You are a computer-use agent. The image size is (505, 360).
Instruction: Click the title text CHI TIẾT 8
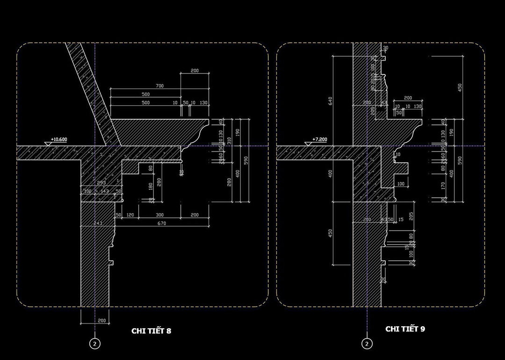[x=151, y=331]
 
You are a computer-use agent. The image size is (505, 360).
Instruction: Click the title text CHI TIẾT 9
[x=405, y=329]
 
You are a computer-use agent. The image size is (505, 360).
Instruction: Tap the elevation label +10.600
[x=59, y=139]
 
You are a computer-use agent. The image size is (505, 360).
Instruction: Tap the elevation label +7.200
[x=319, y=139]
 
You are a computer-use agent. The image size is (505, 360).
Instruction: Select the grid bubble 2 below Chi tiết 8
[x=95, y=344]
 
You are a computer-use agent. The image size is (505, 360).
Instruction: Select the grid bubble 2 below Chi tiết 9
[x=367, y=344]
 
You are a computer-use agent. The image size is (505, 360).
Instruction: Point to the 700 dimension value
[x=159, y=86]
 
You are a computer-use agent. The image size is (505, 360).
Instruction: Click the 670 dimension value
[x=162, y=223]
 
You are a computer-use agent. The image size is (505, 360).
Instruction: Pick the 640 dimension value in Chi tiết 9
[x=330, y=101]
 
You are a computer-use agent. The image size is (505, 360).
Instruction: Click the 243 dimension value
[x=98, y=223]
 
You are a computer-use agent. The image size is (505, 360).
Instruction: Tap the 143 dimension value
[x=104, y=191]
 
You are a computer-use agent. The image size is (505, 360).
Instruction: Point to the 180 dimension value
[x=151, y=187]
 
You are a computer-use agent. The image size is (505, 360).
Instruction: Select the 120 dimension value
[x=130, y=215]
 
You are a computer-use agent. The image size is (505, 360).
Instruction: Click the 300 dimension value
[x=160, y=215]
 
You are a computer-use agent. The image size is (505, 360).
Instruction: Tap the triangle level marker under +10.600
[x=49, y=144]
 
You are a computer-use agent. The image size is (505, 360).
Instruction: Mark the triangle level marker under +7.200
[x=309, y=144]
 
